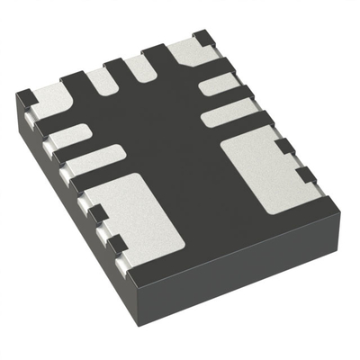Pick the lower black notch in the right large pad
[306, 173]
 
